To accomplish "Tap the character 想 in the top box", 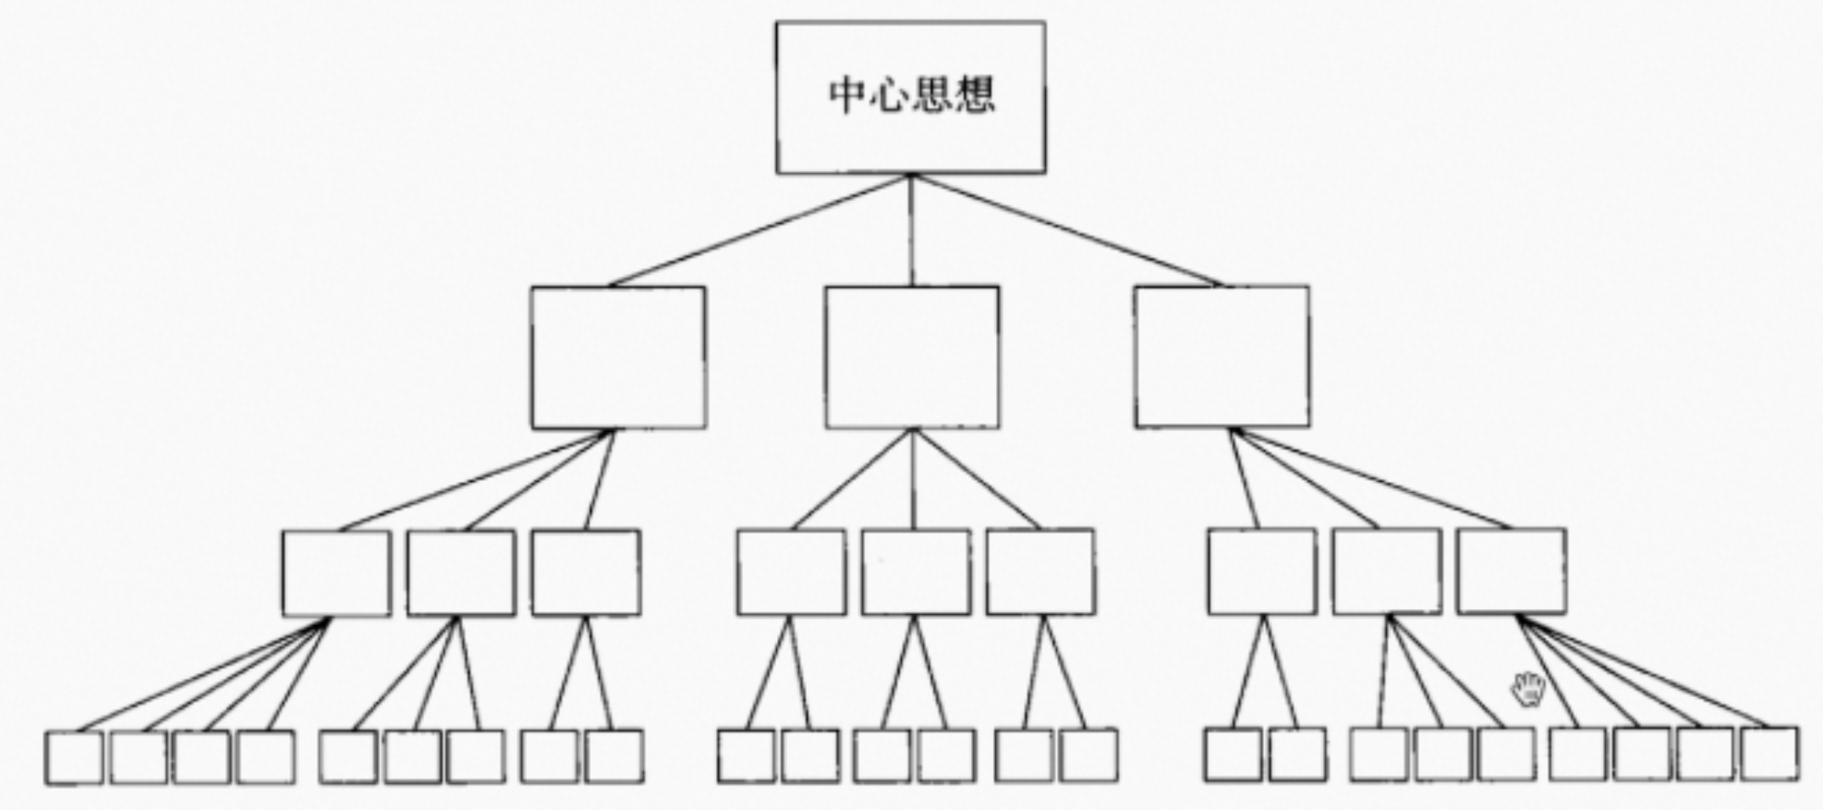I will point(974,96).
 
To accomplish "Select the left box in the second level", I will point(618,357).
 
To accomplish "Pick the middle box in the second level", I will point(912,357).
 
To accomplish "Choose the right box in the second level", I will point(1222,357).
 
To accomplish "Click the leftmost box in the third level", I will point(336,573).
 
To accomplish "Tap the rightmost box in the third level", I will point(1512,571).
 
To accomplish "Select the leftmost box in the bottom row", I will point(74,757).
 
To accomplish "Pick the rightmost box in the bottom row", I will point(1770,754).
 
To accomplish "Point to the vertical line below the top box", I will point(912,229).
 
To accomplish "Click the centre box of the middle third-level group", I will point(916,573).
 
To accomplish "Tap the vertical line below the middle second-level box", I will point(914,479).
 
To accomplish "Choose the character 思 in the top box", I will point(931,96).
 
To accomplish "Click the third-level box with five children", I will point(1512,571).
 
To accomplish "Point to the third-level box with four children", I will point(336,573).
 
